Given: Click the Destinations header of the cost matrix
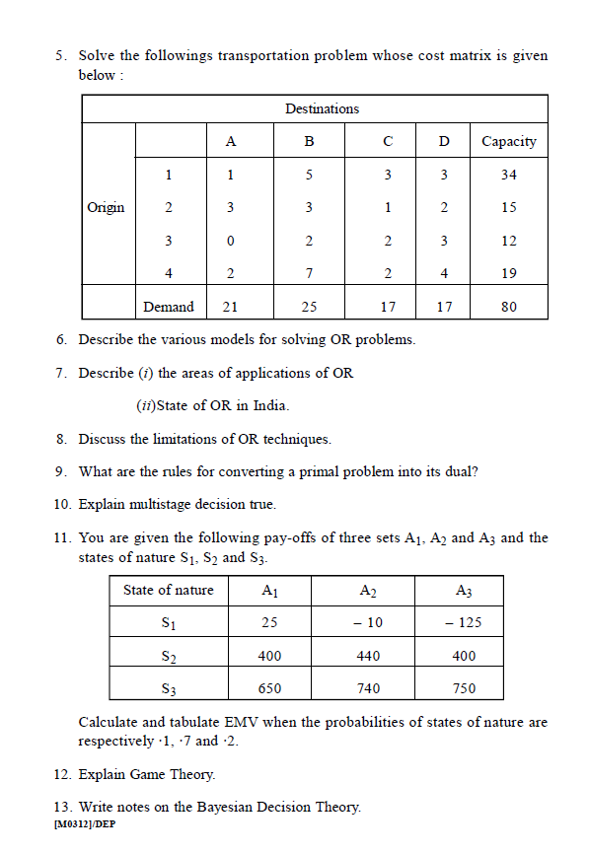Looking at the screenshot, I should click(322, 108).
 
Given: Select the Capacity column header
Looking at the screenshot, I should click(508, 141).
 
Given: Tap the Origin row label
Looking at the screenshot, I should click(106, 207).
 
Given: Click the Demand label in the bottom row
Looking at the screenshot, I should click(169, 307).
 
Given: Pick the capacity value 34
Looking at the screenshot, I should click(508, 175).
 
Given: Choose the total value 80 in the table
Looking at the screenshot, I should click(508, 307).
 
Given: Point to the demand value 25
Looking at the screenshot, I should click(309, 307).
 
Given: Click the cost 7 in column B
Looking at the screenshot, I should click(309, 273).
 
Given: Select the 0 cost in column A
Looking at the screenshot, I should click(230, 241).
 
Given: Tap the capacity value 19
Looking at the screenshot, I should click(508, 273).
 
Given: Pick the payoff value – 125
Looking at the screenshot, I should click(463, 623).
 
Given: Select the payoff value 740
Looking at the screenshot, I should click(367, 688).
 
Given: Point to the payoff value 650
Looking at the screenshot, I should click(269, 688).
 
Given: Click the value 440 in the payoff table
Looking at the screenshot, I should click(367, 656).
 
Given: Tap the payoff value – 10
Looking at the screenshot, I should click(367, 623).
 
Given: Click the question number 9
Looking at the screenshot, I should click(61, 471).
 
